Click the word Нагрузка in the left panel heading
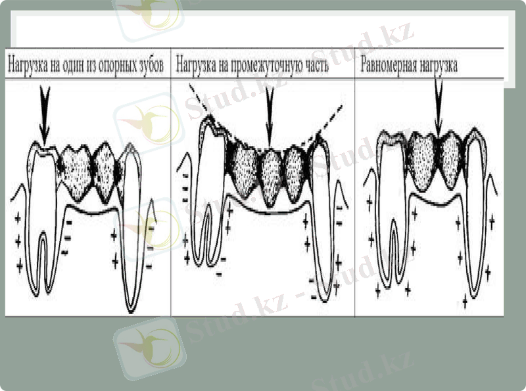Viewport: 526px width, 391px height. click(28, 66)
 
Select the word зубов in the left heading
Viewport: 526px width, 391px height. click(149, 66)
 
